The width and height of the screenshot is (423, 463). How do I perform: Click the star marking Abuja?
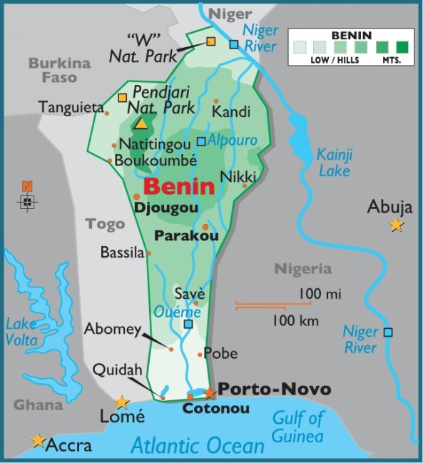pyautogui.click(x=396, y=225)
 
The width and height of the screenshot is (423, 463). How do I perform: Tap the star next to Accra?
pyautogui.click(x=38, y=440)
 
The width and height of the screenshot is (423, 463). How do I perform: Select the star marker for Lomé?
pyautogui.click(x=122, y=402)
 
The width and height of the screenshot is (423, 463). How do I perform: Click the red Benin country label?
pyautogui.click(x=179, y=188)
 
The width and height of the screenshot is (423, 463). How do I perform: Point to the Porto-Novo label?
pyautogui.click(x=274, y=390)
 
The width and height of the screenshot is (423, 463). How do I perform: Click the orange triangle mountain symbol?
pyautogui.click(x=141, y=123)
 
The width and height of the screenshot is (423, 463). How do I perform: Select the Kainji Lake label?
pyautogui.click(x=334, y=163)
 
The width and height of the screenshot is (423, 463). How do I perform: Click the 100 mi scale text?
pyautogui.click(x=320, y=293)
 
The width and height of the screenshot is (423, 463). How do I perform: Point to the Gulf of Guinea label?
pyautogui.click(x=297, y=427)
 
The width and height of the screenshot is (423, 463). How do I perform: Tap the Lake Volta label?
pyautogui.click(x=21, y=332)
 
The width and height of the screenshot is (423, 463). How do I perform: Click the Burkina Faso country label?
pyautogui.click(x=60, y=70)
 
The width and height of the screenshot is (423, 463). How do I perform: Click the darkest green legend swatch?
pyautogui.click(x=403, y=47)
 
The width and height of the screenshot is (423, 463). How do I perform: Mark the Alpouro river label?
pyautogui.click(x=232, y=141)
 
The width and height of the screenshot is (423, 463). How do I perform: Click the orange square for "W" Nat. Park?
pyautogui.click(x=210, y=41)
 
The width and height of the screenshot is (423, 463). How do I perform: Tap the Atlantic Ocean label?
pyautogui.click(x=198, y=447)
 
